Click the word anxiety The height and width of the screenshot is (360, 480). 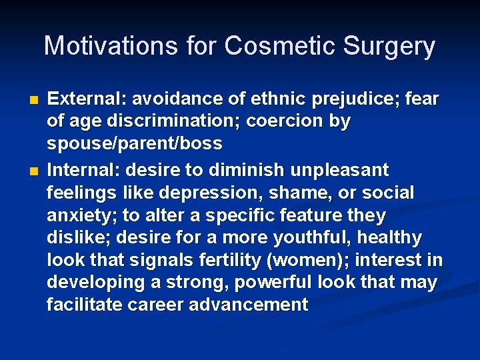[x=79, y=215]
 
